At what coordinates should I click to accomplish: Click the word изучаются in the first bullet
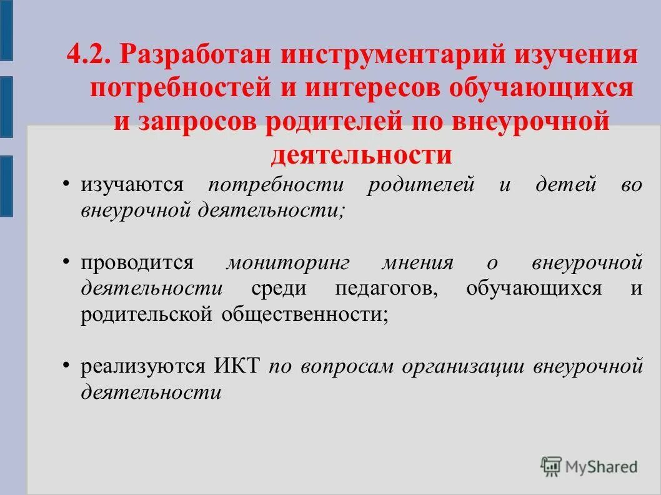point(131,185)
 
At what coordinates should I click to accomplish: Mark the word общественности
point(304,315)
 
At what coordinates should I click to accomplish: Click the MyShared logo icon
point(552,466)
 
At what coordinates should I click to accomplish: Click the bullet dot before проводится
point(66,260)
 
